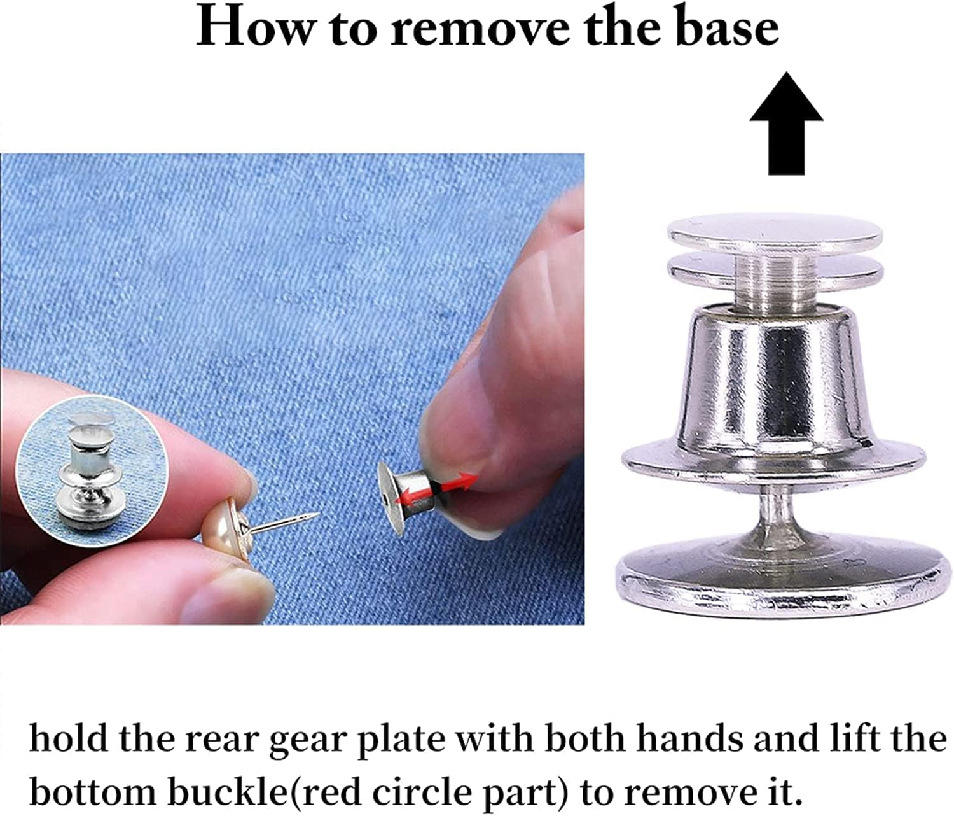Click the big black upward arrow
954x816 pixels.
click(787, 123)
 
